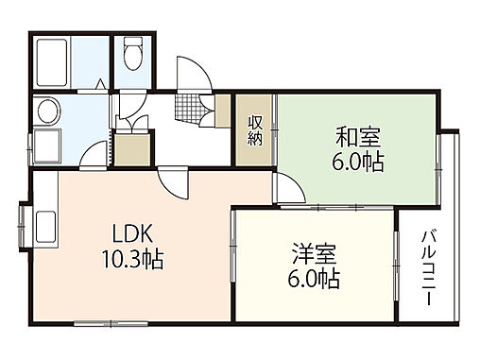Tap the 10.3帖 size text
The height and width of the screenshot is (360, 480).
click(x=130, y=259)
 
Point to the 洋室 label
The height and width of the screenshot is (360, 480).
click(x=314, y=255)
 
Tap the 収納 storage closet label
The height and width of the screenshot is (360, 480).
click(x=255, y=129)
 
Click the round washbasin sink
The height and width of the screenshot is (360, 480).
click(x=44, y=112)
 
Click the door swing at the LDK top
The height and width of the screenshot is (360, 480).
click(x=174, y=181)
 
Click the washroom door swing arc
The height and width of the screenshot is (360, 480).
click(x=97, y=151)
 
